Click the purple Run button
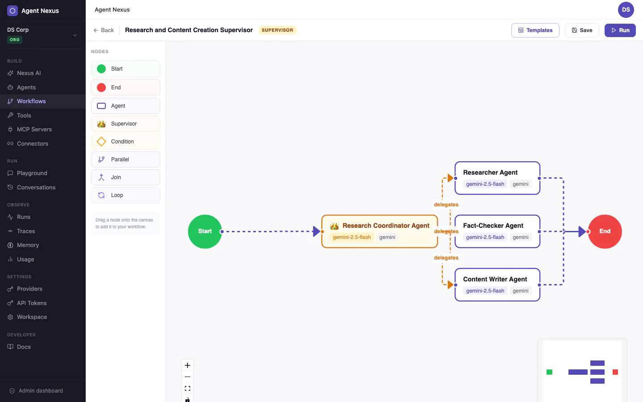620,30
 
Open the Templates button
535,30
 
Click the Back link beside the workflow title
104,30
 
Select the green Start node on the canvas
205,231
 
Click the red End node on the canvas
605,231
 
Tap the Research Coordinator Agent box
380,231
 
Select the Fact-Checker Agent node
497,231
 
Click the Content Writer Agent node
497,285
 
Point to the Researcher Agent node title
490,172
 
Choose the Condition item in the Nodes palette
126,142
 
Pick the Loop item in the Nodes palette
126,195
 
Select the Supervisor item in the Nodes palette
126,124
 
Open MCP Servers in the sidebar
34,129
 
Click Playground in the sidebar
32,173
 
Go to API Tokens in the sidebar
32,303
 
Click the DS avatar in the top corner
626,10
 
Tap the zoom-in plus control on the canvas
188,365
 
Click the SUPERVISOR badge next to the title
277,30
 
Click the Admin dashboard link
36,390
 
